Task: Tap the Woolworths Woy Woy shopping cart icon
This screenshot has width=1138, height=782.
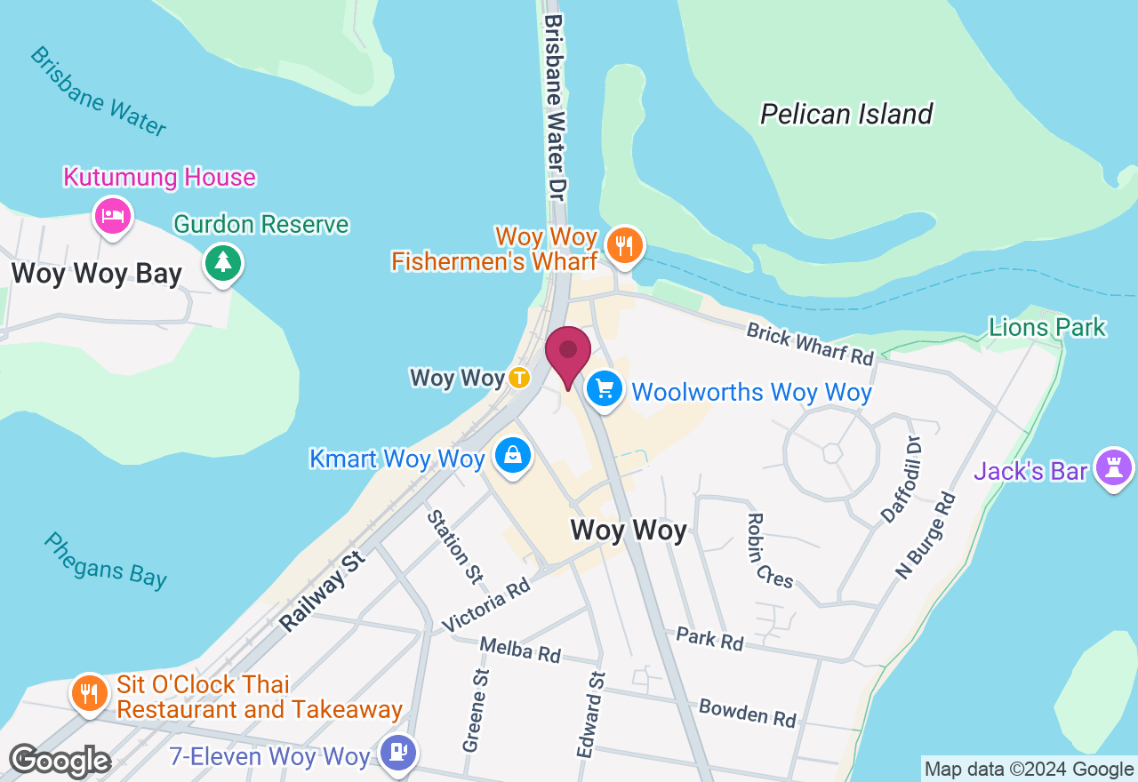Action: [x=605, y=388]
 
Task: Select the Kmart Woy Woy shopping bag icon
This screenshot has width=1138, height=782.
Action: [x=513, y=455]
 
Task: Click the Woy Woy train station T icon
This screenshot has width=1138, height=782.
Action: [x=519, y=378]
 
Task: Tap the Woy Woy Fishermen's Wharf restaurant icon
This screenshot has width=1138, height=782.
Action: [x=625, y=243]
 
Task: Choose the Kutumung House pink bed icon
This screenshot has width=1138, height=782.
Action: [x=113, y=215]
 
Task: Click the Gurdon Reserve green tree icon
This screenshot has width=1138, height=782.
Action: [x=223, y=262]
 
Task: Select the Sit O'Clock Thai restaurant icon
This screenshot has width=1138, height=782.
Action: [x=88, y=692]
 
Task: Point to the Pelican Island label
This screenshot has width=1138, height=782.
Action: [x=845, y=114]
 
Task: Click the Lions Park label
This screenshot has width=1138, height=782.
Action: [x=1046, y=327]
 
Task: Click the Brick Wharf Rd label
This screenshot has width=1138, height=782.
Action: [x=810, y=344]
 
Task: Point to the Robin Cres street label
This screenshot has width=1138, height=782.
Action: [x=770, y=551]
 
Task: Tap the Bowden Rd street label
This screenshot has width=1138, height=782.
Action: [x=747, y=712]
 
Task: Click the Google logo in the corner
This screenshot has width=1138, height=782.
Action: [x=59, y=761]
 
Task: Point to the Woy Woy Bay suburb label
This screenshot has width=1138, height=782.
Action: [x=96, y=274]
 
